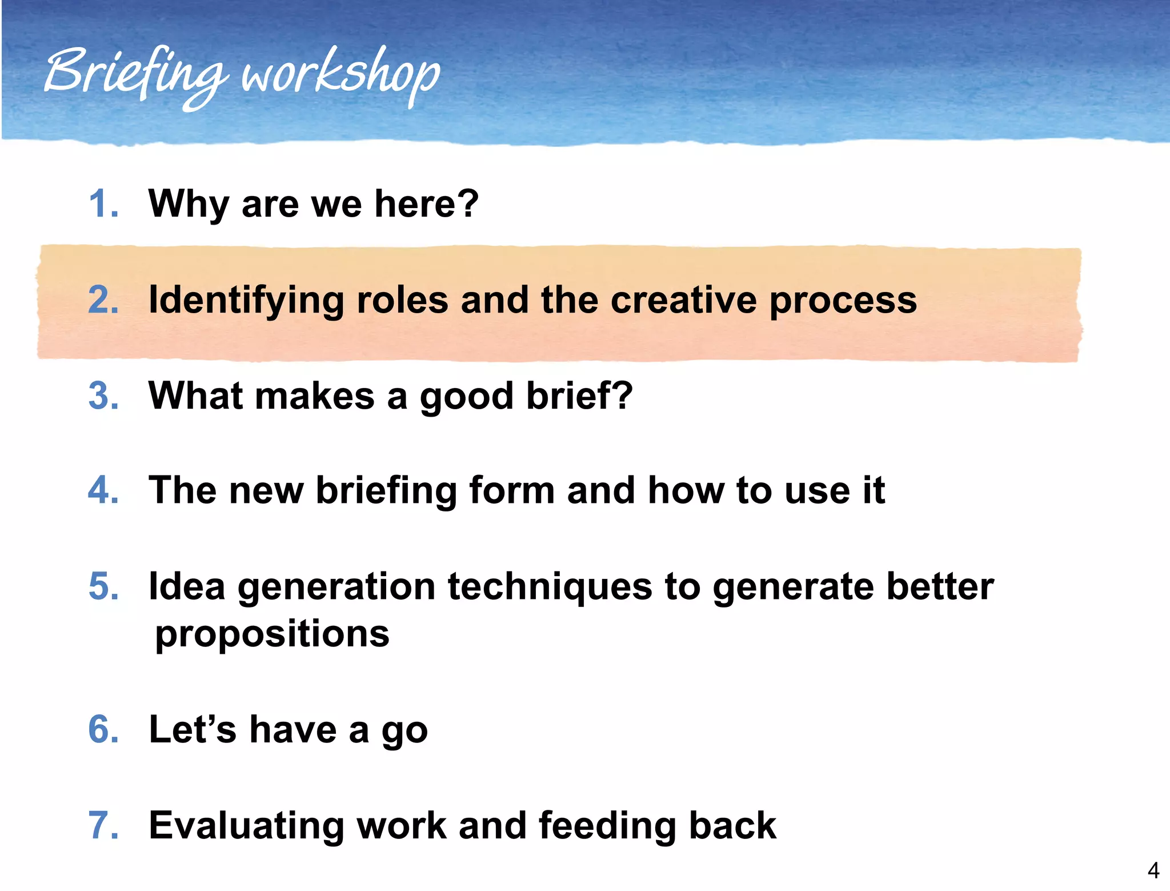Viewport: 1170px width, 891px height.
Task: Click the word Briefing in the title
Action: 134,74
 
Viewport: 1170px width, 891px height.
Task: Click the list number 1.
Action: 103,204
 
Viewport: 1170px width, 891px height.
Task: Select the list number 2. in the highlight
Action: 103,300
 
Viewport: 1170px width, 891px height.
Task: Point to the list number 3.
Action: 103,395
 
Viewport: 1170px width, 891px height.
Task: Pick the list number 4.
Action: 103,490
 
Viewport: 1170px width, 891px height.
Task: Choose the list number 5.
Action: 103,586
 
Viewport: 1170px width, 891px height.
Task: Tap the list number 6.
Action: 103,730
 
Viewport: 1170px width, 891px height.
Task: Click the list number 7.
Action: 103,825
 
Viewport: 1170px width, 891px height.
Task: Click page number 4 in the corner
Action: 1153,870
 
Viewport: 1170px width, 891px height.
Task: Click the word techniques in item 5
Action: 550,588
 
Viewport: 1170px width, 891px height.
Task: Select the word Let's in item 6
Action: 192,730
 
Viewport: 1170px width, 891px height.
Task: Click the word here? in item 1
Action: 426,204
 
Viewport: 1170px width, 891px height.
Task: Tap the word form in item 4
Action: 511,490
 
